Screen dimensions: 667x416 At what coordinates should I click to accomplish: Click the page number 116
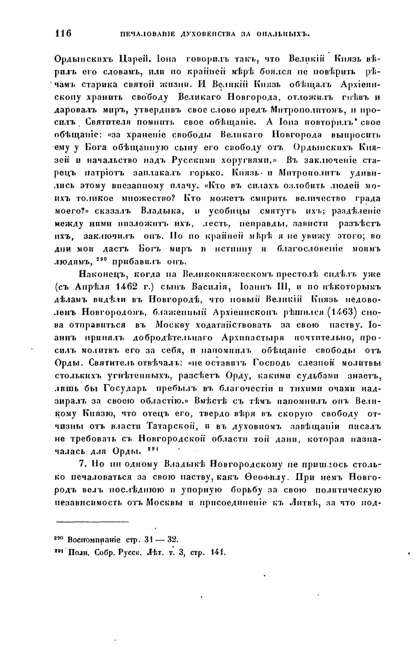[x=63, y=34]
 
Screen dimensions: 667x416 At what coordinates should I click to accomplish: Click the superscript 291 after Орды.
[x=153, y=449]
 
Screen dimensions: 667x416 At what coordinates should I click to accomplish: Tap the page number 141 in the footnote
[x=219, y=552]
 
